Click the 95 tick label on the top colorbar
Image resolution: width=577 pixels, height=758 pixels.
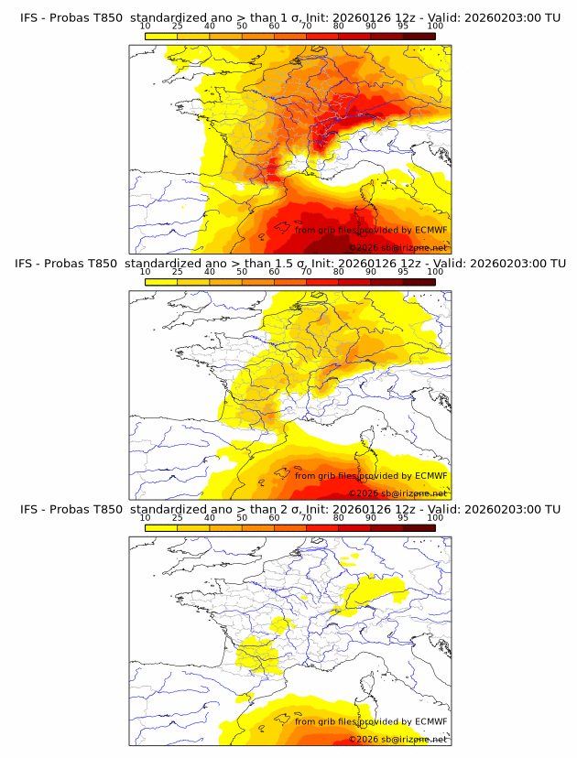click(x=403, y=26)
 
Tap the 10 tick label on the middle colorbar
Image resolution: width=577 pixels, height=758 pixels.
click(x=146, y=271)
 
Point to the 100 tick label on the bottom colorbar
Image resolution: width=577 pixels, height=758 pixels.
click(x=435, y=517)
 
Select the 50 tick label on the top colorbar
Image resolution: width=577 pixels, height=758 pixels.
click(x=242, y=26)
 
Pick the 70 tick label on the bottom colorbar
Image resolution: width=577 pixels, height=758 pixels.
click(x=306, y=517)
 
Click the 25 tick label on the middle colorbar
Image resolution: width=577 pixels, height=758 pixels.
click(x=178, y=271)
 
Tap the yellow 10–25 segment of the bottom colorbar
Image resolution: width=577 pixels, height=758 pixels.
click(x=161, y=527)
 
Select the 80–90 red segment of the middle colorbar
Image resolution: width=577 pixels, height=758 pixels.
click(x=354, y=281)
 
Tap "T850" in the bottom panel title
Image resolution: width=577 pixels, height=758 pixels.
click(x=105, y=509)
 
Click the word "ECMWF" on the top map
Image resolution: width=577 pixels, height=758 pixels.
click(x=431, y=231)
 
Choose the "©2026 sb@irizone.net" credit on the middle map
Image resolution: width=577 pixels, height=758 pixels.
click(x=398, y=493)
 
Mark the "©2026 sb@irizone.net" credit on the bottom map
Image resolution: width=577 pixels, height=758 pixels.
click(x=398, y=738)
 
